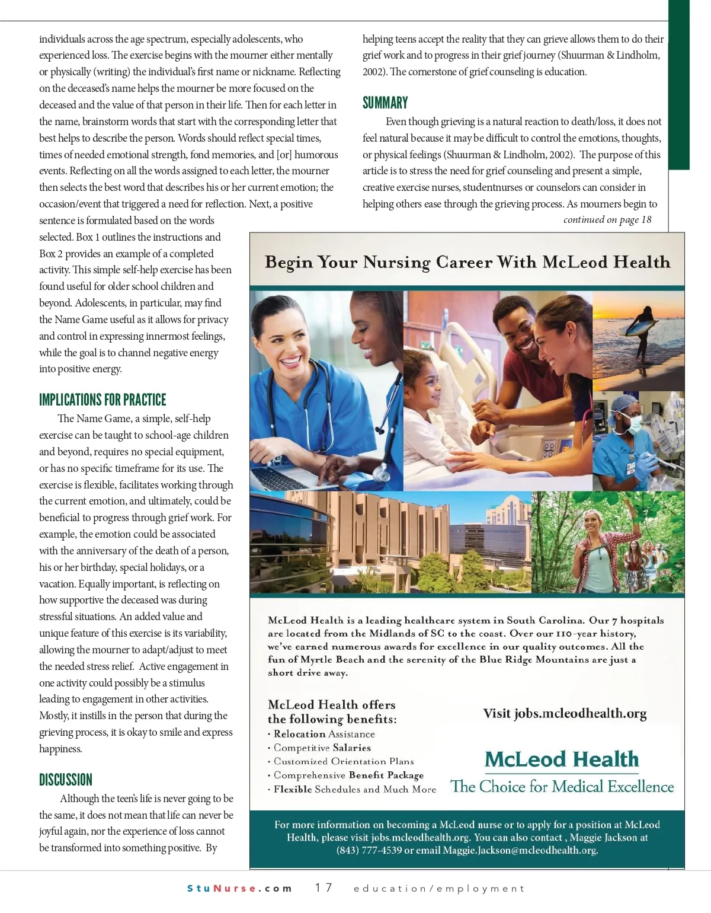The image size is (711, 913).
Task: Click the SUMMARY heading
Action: pyautogui.click(x=385, y=103)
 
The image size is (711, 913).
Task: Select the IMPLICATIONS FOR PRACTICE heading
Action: pyautogui.click(x=103, y=400)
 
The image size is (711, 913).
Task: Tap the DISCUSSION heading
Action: pyautogui.click(x=66, y=780)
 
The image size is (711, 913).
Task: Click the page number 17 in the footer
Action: pyautogui.click(x=324, y=888)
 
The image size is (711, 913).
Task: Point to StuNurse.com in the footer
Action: pyautogui.click(x=239, y=888)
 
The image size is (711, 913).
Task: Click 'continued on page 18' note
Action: pyautogui.click(x=607, y=219)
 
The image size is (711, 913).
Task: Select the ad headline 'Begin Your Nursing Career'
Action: pyautogui.click(x=467, y=262)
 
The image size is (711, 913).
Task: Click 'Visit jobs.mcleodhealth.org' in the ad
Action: pyautogui.click(x=565, y=713)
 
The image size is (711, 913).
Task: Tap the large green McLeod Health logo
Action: pyautogui.click(x=562, y=759)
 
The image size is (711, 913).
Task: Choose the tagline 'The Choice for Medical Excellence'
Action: pyautogui.click(x=562, y=787)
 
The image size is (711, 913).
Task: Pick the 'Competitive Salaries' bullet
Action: pyautogui.click(x=322, y=748)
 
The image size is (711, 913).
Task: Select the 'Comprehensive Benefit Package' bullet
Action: pyautogui.click(x=348, y=775)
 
